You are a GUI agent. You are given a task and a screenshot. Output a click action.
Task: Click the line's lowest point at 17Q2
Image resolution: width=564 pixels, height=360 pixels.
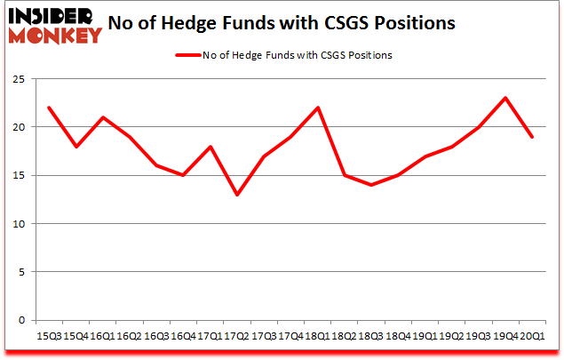pyautogui.click(x=235, y=195)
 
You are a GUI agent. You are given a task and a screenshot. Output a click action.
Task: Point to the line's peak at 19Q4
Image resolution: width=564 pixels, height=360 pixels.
pyautogui.click(x=504, y=98)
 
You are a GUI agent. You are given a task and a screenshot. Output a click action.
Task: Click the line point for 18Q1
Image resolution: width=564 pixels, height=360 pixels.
pyautogui.click(x=317, y=108)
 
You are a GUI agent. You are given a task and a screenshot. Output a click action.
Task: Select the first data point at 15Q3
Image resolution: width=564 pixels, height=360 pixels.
pyautogui.click(x=49, y=108)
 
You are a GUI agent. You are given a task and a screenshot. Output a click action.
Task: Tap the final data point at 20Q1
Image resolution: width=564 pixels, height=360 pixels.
pyautogui.click(x=532, y=137)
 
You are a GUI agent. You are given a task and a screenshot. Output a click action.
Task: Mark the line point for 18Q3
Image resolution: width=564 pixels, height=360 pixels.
pyautogui.click(x=370, y=185)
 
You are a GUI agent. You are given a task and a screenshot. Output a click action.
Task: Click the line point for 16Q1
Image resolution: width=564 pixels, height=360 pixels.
pyautogui.click(x=103, y=117)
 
